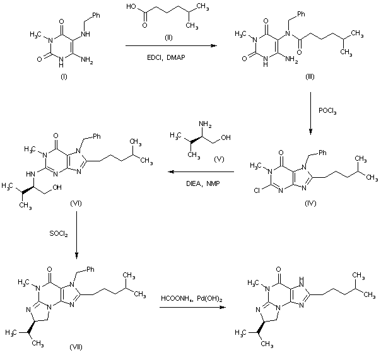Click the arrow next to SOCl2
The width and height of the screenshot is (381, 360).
coord(76,233)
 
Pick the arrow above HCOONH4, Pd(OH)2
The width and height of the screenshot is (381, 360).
coord(194,308)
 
